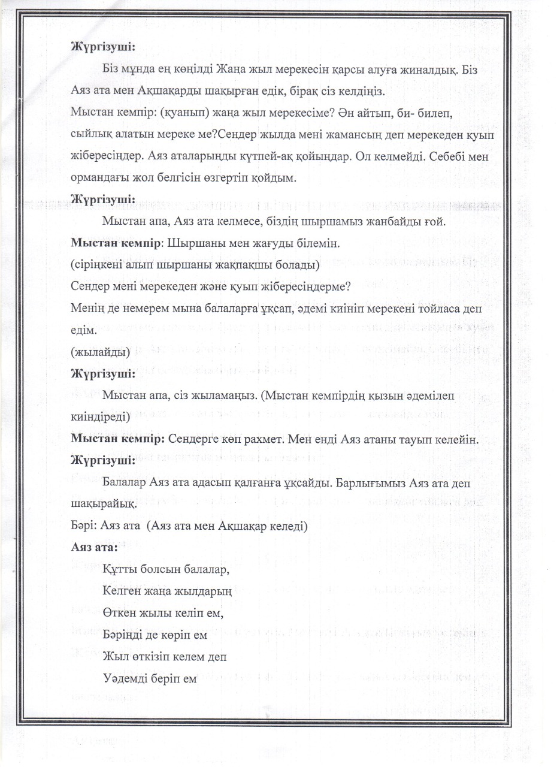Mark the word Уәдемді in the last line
pyautogui.click(x=128, y=679)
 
